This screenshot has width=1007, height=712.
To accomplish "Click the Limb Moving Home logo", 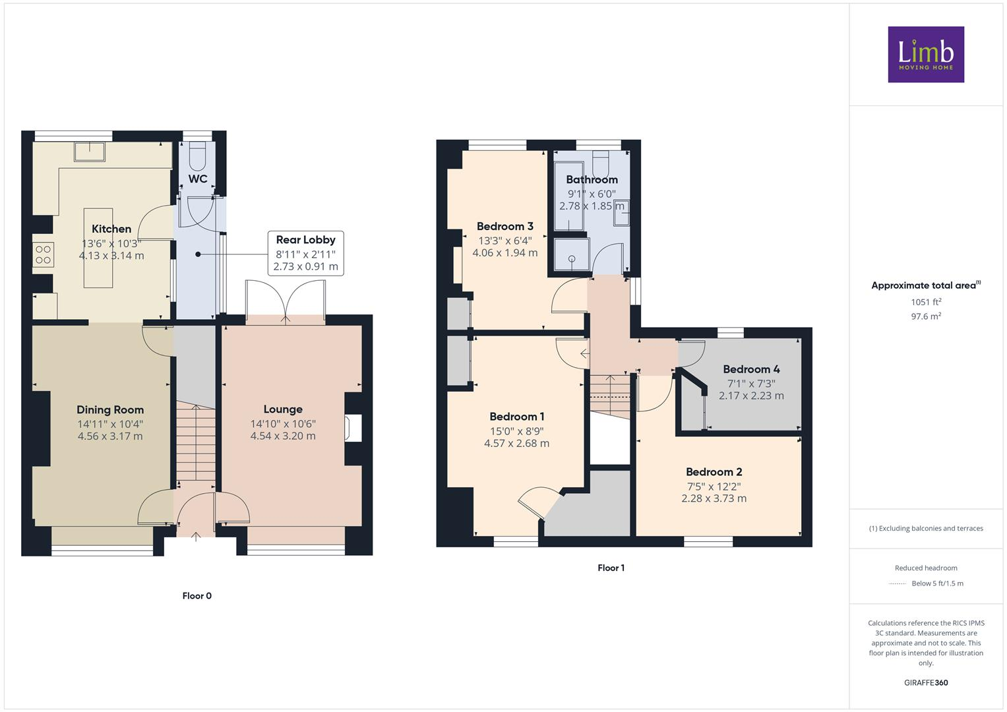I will (x=925, y=54).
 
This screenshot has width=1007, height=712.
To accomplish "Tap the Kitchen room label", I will (x=111, y=229).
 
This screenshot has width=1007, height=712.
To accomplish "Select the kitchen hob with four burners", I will (x=44, y=254).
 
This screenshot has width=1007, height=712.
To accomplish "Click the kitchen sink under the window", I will (x=90, y=151).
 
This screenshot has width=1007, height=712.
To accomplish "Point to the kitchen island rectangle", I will (x=98, y=248).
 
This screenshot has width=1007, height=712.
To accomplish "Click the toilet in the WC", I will (x=197, y=156).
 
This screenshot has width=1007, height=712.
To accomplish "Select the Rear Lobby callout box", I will (x=305, y=253).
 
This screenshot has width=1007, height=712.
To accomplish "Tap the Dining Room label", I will (x=110, y=409).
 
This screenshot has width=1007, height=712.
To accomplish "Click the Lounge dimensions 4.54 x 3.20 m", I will (x=283, y=436).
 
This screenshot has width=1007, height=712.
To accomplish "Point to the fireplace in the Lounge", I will (x=351, y=428).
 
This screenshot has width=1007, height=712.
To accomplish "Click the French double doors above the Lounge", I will (x=286, y=302).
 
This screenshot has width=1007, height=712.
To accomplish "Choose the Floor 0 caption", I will (x=197, y=596).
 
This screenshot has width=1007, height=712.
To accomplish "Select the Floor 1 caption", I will (x=611, y=568).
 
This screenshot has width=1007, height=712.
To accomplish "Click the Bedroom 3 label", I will (x=504, y=226).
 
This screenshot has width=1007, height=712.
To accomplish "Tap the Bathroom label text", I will (x=592, y=179).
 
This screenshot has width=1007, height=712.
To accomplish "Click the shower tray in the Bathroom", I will (x=570, y=254).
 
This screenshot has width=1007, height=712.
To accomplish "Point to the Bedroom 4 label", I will (x=751, y=369).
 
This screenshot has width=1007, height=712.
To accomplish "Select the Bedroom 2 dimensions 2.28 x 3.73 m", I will (x=714, y=498).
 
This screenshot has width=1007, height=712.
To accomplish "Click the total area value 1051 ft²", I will (x=926, y=302).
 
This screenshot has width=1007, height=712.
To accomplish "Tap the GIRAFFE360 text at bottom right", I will (x=925, y=682).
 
